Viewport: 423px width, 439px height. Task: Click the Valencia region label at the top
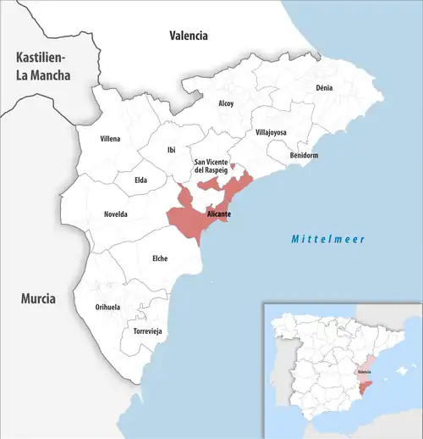pos(188,36)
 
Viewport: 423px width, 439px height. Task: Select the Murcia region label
pos(39,299)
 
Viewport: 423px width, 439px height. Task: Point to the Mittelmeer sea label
pos(328,240)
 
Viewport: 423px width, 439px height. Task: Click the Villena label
pos(110,138)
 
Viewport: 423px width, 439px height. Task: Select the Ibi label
pos(172,150)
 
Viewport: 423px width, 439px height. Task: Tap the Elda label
pos(141,180)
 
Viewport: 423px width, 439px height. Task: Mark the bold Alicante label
pos(219,214)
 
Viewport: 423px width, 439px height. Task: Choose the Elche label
pos(158,258)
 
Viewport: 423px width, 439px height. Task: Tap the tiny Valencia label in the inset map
pos(364,371)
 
